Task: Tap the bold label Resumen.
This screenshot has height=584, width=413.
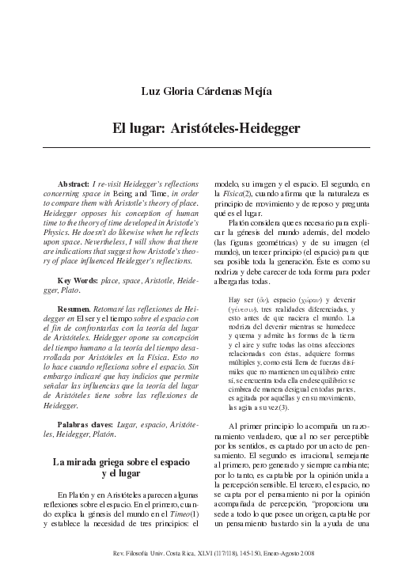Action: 78,309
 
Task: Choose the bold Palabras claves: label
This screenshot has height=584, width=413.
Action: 86,425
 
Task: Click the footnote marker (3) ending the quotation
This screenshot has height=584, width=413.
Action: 282,407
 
